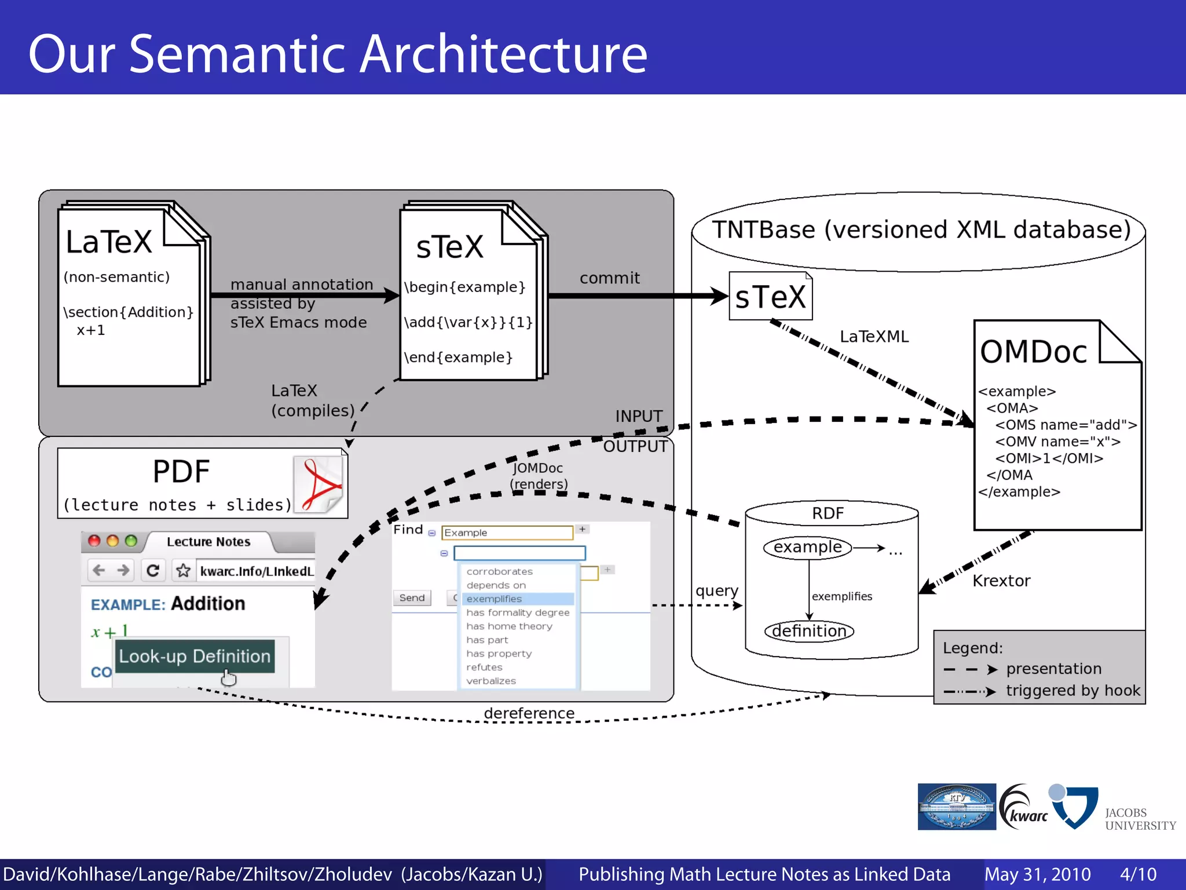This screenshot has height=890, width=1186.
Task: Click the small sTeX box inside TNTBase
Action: coord(770,297)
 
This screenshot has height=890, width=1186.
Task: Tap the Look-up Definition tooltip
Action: coord(195,656)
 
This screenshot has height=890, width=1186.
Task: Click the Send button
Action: coord(412,597)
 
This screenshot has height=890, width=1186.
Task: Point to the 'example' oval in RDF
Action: coord(807,547)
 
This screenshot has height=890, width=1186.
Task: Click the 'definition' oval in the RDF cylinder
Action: coord(809,630)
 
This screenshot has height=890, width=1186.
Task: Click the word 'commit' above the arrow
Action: coord(609,278)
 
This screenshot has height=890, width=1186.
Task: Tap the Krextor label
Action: coord(1001,581)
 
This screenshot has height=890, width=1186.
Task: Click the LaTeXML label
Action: coord(874,337)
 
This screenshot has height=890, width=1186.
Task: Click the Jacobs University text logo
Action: coord(1139,819)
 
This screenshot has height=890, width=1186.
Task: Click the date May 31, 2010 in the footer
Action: coord(1037,874)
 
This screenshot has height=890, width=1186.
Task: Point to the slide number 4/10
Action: coord(1138,874)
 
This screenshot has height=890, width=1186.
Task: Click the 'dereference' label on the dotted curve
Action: coord(529,713)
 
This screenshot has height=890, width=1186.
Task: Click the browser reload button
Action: coord(153,570)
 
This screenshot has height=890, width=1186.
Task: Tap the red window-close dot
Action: coord(94,541)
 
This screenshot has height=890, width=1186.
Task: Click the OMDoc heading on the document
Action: coord(1033,352)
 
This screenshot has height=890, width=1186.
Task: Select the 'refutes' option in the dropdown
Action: coord(485,667)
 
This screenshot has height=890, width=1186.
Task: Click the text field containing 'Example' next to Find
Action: coord(507,532)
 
